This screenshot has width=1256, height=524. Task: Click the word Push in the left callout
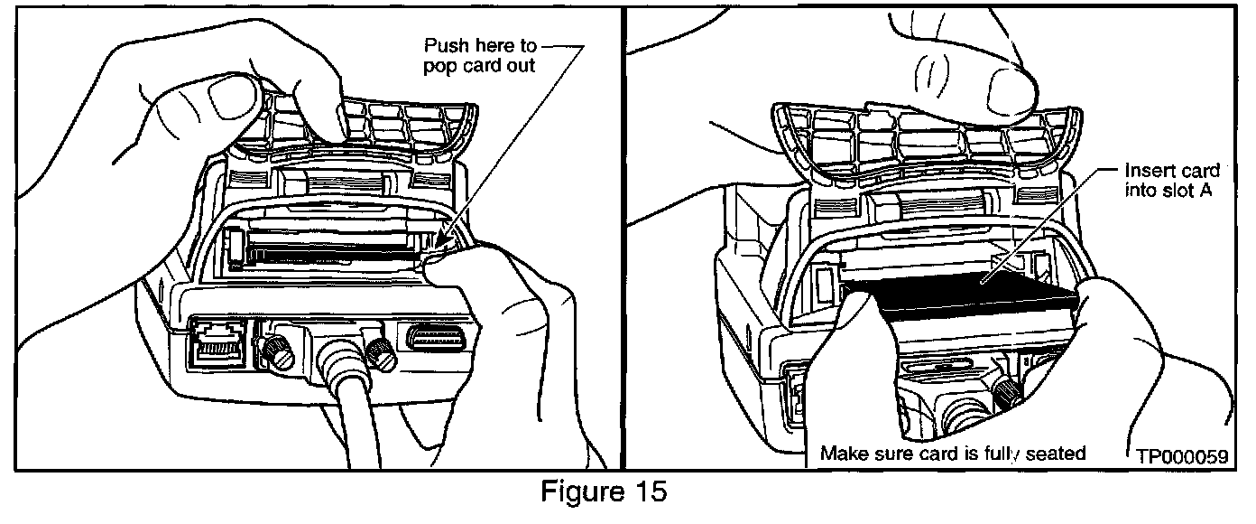(x=446, y=44)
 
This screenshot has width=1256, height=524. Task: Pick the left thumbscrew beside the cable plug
(x=274, y=351)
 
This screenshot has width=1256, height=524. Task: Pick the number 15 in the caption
(x=651, y=493)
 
